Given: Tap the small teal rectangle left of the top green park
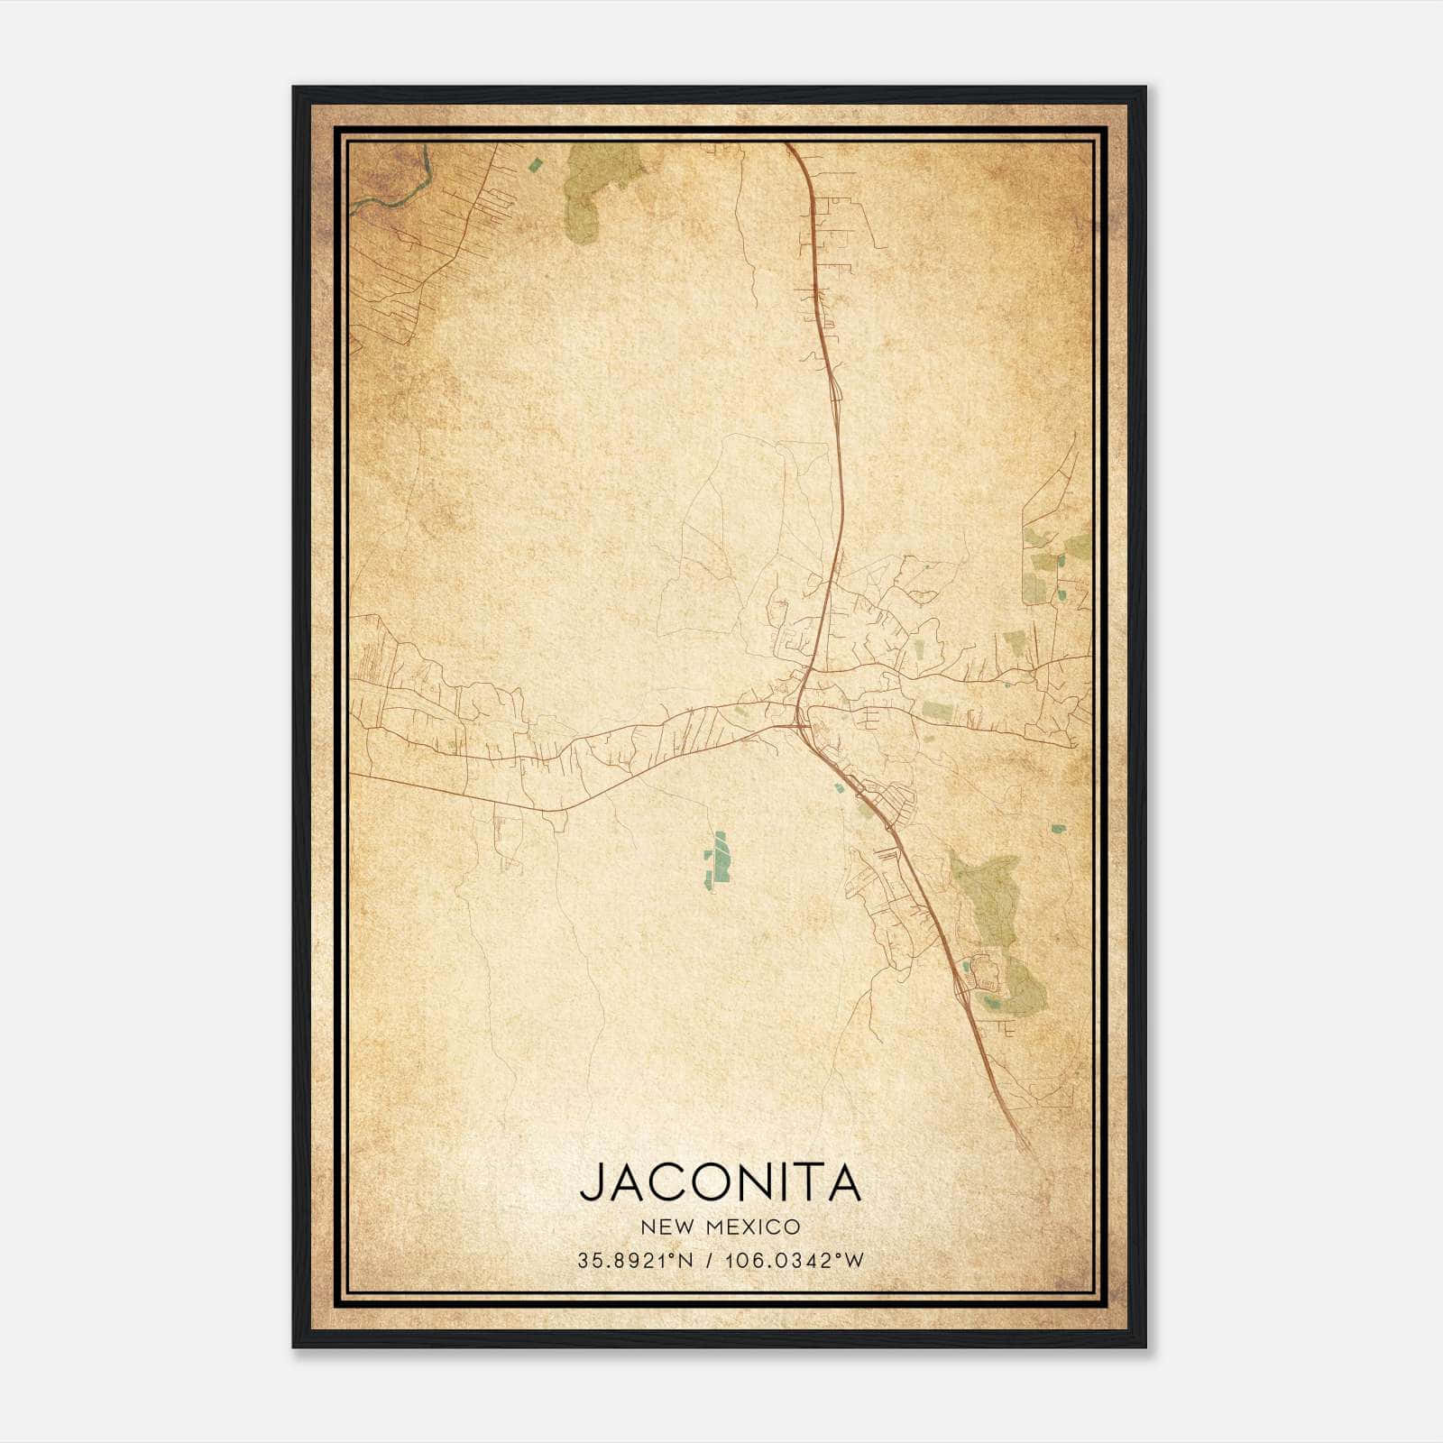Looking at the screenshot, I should [536, 164].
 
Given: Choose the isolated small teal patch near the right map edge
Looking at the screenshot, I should [1059, 827].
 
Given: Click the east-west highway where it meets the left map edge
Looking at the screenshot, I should [352, 774].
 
